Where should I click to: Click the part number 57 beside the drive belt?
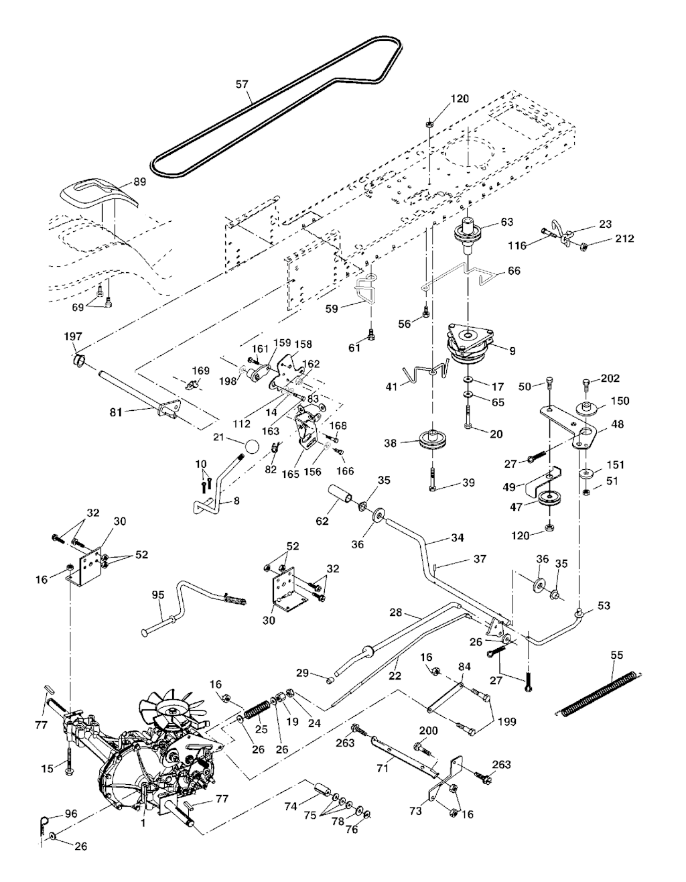click(242, 84)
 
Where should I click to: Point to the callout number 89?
click(139, 181)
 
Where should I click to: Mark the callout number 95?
click(158, 595)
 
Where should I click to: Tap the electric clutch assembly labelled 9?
click(474, 344)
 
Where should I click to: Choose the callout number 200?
click(428, 730)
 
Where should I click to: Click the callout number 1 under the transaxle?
click(143, 823)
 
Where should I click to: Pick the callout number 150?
click(621, 401)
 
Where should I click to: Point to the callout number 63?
click(506, 221)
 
